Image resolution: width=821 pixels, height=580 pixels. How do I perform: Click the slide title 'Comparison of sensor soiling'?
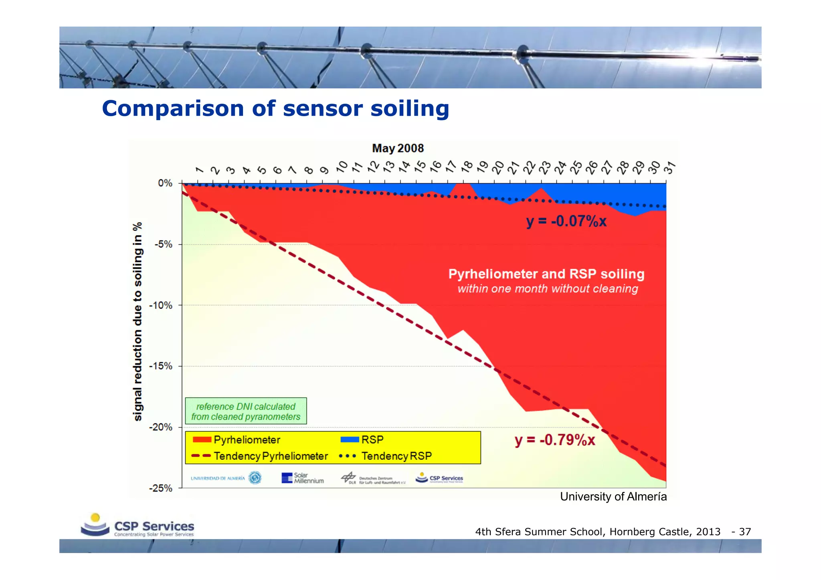275,109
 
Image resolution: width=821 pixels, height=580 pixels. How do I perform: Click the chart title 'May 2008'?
398,148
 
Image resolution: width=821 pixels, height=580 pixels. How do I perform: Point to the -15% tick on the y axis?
161,366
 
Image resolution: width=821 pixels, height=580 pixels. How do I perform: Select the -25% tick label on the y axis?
161,488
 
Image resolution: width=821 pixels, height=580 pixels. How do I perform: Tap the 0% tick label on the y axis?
165,183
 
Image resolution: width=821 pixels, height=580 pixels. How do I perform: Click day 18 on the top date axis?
467,166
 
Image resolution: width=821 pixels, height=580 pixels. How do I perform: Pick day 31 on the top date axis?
669,167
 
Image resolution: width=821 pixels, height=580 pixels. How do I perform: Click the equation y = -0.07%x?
566,221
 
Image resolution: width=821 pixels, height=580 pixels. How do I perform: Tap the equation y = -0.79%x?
555,440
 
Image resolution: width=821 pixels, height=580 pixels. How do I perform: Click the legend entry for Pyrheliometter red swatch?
237,439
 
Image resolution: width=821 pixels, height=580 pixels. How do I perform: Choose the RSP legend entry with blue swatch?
362,439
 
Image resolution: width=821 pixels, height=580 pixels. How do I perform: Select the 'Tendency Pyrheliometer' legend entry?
260,456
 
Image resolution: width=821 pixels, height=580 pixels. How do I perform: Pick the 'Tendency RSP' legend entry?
386,456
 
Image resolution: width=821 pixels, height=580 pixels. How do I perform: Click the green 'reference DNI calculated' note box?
246,411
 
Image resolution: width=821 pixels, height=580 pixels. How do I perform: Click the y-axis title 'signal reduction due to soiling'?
138,321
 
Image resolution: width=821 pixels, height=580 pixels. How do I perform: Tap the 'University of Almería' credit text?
613,497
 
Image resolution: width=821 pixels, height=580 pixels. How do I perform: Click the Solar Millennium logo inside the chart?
303,478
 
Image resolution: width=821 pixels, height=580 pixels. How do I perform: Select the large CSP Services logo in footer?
138,526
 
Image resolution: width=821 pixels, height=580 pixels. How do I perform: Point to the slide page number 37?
744,532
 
